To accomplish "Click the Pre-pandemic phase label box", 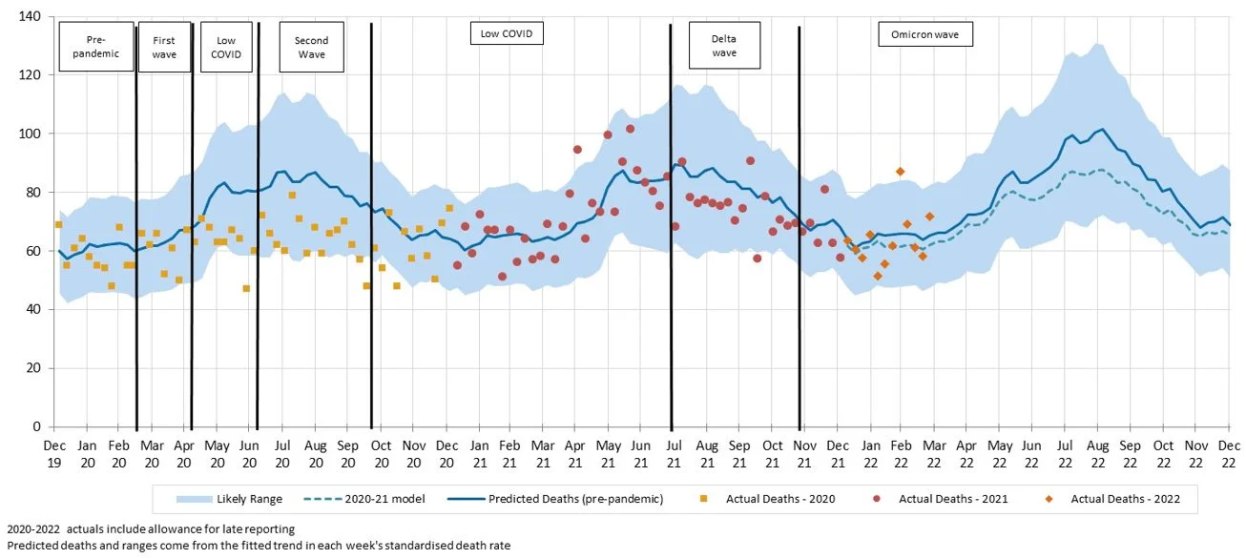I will [x=95, y=47].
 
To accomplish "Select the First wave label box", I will [x=164, y=47].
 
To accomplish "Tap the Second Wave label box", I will [x=311, y=47].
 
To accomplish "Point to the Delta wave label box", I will [x=724, y=46].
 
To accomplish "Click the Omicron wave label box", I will [x=924, y=35].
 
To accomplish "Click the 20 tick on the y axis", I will [x=31, y=368].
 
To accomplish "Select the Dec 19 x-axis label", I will [x=54, y=453].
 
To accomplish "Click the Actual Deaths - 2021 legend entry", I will [x=940, y=499].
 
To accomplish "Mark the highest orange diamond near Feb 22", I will [x=900, y=172].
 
